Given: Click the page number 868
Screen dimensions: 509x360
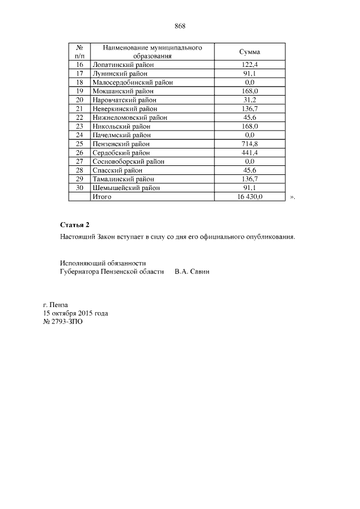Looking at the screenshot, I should [180, 26].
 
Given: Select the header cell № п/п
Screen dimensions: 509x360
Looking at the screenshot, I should [79, 52].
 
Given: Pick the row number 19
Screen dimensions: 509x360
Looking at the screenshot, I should [79, 91].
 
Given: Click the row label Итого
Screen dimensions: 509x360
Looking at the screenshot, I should [102, 197].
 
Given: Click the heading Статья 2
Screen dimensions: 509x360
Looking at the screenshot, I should [75, 225].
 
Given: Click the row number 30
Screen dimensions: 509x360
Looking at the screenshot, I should [79, 188].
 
